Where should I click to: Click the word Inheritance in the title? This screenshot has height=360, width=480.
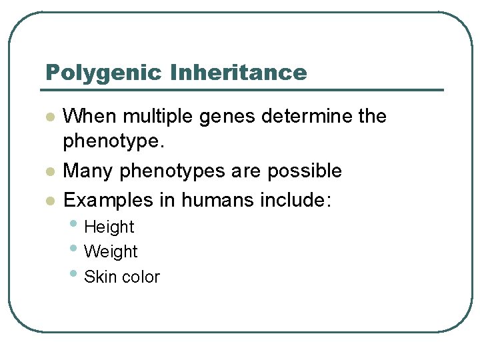[x=239, y=72]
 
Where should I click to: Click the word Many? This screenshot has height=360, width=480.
[x=89, y=171]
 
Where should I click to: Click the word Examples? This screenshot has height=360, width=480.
[x=108, y=200]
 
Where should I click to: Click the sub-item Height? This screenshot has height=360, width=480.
[x=109, y=227]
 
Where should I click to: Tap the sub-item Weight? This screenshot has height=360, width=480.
[x=111, y=252]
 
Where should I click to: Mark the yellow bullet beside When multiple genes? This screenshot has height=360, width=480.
[x=48, y=117]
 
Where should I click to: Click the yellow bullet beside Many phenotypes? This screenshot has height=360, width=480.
[x=48, y=172]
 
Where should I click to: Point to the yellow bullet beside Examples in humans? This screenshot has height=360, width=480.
[x=48, y=200]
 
